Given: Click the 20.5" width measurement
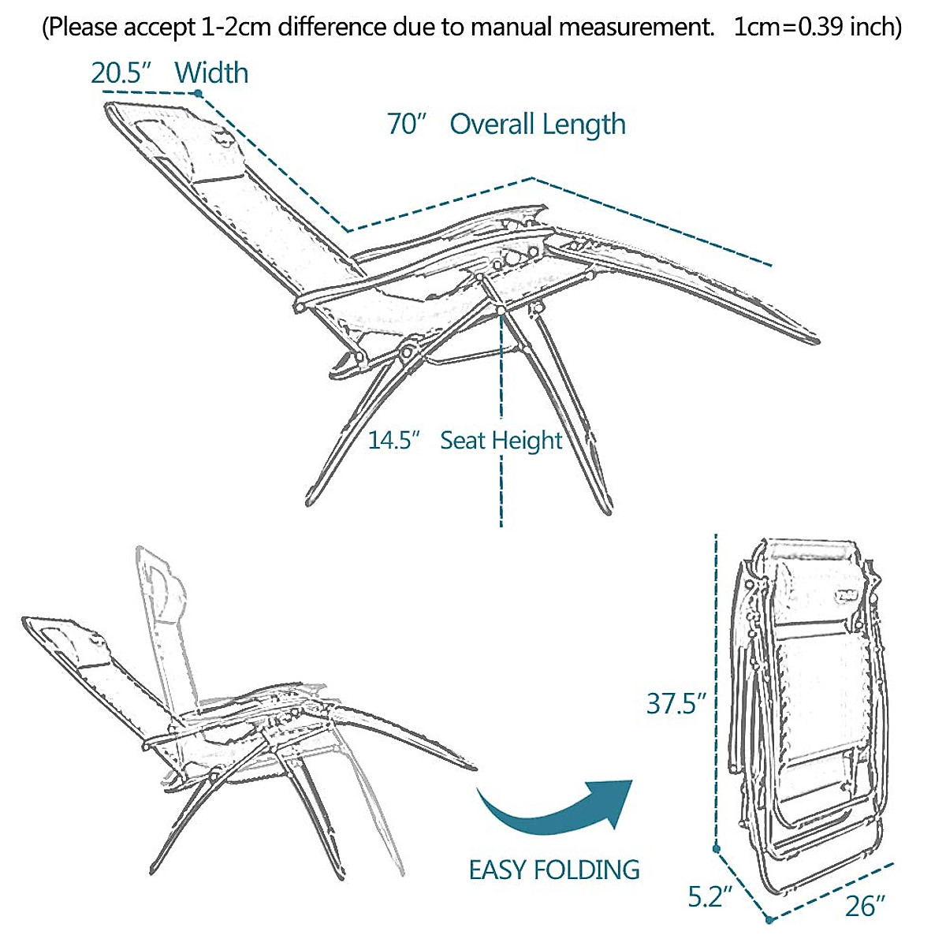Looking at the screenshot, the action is [120, 73].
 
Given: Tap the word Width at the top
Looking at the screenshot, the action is [211, 73].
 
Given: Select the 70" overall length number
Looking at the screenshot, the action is [407, 125].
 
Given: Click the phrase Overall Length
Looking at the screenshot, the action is [538, 125].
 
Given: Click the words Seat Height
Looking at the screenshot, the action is [501, 440].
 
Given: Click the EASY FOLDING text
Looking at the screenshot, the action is [554, 870].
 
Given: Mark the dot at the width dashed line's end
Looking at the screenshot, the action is [199, 94].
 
